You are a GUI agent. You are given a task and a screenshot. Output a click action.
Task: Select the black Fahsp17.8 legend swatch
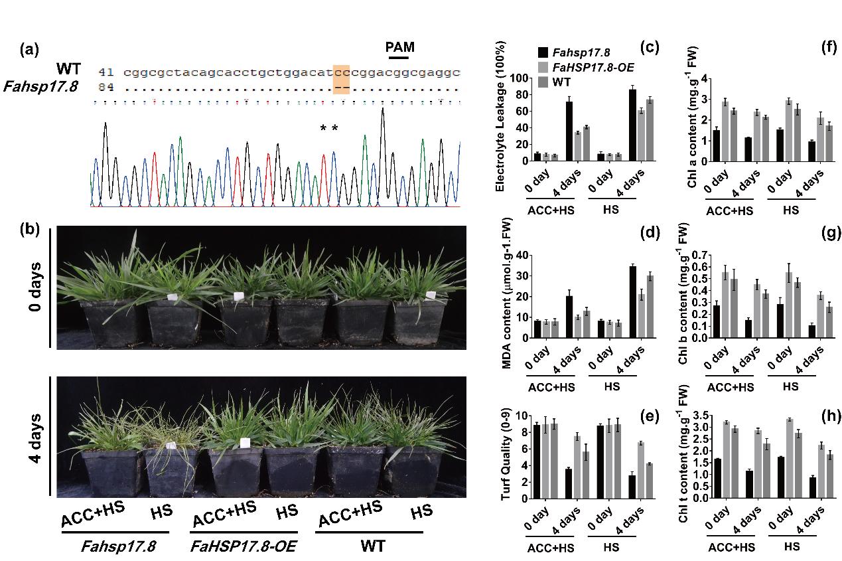click(542, 52)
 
